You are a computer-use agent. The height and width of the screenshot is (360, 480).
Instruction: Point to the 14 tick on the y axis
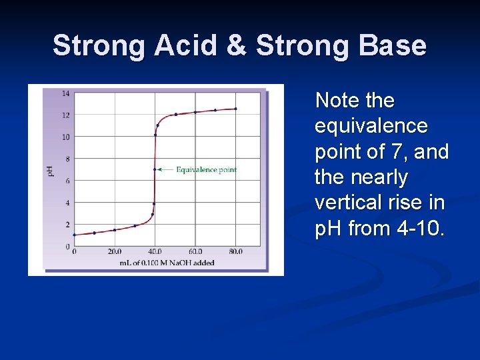click(x=65, y=93)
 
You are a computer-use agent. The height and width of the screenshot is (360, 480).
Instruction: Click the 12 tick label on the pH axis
click(x=65, y=115)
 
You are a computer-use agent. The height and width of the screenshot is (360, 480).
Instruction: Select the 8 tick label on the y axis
click(x=67, y=159)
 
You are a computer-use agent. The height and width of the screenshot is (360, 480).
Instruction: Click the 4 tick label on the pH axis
click(x=67, y=203)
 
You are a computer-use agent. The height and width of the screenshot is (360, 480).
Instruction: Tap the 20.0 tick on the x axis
click(x=115, y=252)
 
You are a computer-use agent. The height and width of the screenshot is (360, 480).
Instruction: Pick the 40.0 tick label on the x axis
click(x=155, y=252)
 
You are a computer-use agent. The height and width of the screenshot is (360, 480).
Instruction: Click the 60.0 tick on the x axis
click(x=195, y=252)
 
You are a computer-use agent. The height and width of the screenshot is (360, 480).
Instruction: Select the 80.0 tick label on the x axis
click(x=235, y=252)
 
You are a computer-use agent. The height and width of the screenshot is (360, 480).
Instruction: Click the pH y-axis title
click(x=50, y=171)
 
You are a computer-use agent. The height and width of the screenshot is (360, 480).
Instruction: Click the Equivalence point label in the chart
click(x=206, y=170)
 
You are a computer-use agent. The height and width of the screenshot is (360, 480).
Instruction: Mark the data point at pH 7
click(x=155, y=169)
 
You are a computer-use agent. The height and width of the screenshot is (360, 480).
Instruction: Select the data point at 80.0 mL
click(x=235, y=109)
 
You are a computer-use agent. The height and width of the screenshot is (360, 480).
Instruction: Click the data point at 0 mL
click(x=74, y=235)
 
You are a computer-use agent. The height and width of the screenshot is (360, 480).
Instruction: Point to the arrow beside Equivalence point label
click(x=165, y=170)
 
